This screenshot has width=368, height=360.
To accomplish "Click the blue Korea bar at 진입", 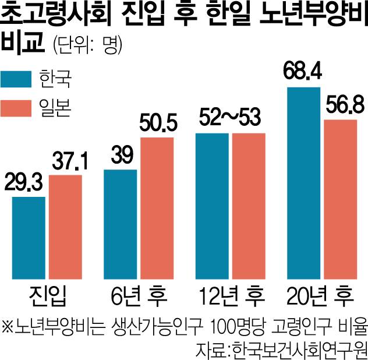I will point(29,237).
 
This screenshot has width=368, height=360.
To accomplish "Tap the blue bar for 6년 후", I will point(120,224).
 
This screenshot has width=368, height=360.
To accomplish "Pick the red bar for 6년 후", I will point(157,207).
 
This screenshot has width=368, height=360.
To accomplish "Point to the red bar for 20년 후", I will point(340,198).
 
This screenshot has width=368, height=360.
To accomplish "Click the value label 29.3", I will point(26,185).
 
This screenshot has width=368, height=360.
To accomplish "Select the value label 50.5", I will point(157,125).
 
